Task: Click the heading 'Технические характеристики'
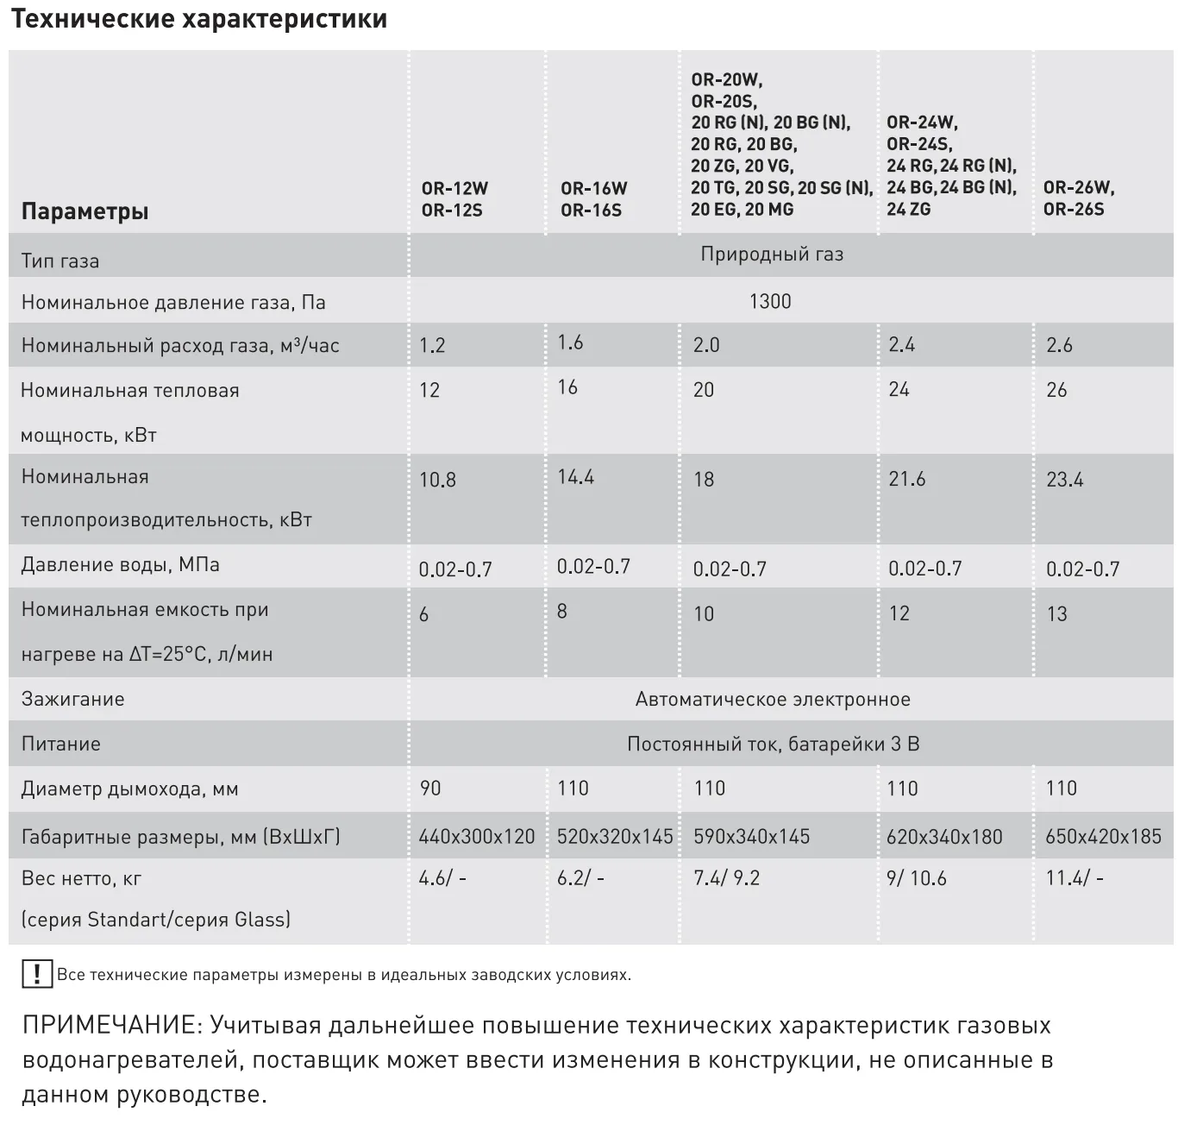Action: click(x=199, y=19)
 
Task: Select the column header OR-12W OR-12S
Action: click(x=454, y=198)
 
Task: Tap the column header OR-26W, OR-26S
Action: click(x=1078, y=198)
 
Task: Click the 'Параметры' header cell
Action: click(x=85, y=211)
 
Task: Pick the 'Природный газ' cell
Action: click(x=771, y=255)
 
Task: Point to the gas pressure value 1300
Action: click(x=770, y=301)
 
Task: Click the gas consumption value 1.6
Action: click(x=570, y=343)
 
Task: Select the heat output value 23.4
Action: click(x=1064, y=480)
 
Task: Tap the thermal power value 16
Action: click(x=567, y=387)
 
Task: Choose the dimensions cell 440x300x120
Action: click(x=476, y=837)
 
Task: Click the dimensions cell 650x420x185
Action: click(x=1103, y=836)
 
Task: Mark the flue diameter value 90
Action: click(x=429, y=789)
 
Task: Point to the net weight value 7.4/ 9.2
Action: click(x=726, y=878)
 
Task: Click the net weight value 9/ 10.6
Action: click(x=917, y=878)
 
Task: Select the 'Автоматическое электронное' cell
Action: click(x=773, y=700)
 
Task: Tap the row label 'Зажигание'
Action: click(x=72, y=700)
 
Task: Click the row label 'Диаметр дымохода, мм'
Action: click(x=129, y=789)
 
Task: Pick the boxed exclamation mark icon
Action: click(x=36, y=974)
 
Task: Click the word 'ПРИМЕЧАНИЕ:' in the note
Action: click(x=111, y=1026)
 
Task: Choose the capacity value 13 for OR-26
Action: click(x=1056, y=614)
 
